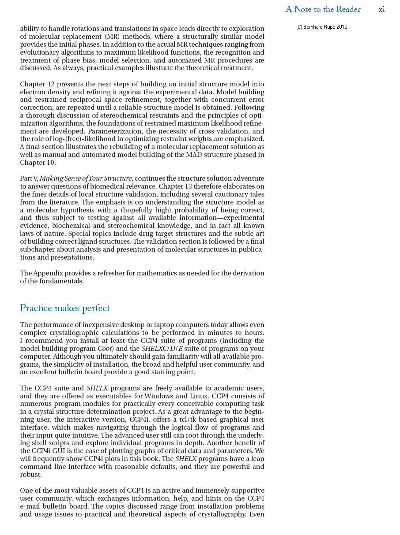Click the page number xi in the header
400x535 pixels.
381,9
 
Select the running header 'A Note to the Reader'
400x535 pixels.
323,9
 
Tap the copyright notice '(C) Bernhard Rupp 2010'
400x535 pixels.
321,27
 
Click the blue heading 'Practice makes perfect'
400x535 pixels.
65,308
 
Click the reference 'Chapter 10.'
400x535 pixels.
38,163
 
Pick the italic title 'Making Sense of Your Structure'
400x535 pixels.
86,178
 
